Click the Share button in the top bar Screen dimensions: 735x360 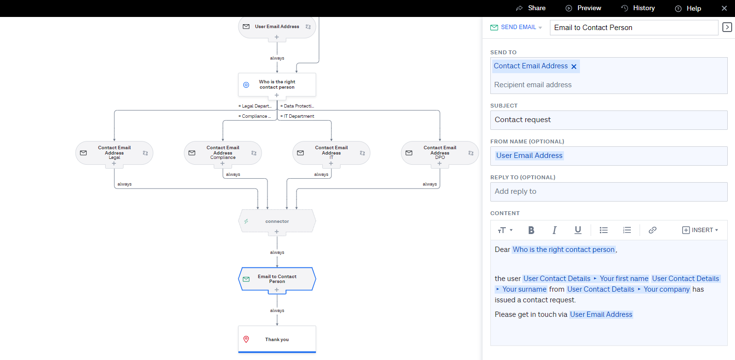pyautogui.click(x=531, y=8)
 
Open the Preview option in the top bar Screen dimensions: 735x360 pyautogui.click(x=583, y=8)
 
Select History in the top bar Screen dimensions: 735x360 pyautogui.click(x=638, y=8)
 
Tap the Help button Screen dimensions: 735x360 pyautogui.click(x=688, y=9)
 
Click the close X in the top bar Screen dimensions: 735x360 pyautogui.click(x=724, y=8)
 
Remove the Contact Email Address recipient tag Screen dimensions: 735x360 pyautogui.click(x=574, y=66)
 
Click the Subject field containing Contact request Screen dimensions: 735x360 pyautogui.click(x=609, y=120)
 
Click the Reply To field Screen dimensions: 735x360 pyautogui.click(x=609, y=192)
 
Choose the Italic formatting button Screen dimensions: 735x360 pyautogui.click(x=555, y=230)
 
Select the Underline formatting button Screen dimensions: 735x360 pyautogui.click(x=578, y=230)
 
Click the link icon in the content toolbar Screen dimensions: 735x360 pyautogui.click(x=652, y=230)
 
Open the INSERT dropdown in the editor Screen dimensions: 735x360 pyautogui.click(x=700, y=230)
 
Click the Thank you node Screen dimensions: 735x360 pyautogui.click(x=277, y=339)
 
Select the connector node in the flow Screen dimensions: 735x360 pyautogui.click(x=277, y=221)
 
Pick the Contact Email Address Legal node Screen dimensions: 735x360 pyautogui.click(x=114, y=153)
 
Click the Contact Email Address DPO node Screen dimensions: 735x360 pyautogui.click(x=439, y=153)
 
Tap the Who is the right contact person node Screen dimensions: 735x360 pyautogui.click(x=277, y=84)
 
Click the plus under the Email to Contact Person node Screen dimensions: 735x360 pyautogui.click(x=277, y=290)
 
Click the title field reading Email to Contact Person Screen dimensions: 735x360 pyautogui.click(x=634, y=28)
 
